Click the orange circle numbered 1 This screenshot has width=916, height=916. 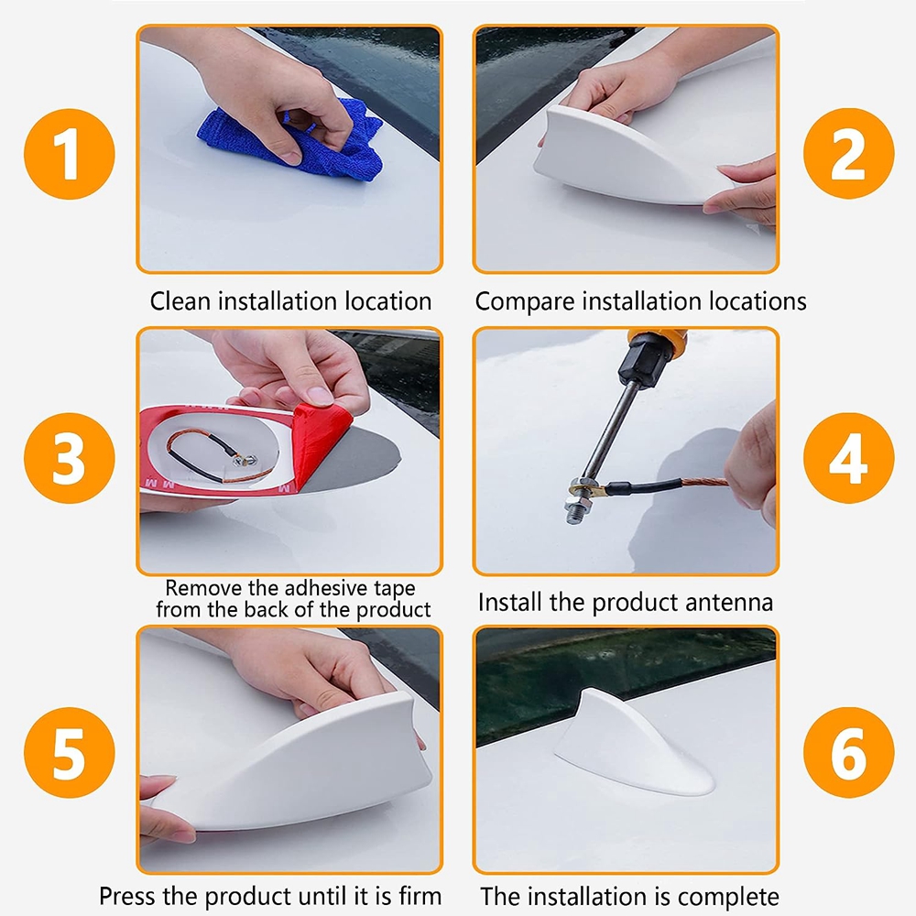70,154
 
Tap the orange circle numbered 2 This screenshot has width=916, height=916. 848,154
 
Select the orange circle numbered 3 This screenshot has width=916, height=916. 70,457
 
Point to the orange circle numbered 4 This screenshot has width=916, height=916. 848,457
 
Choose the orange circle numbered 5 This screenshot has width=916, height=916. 70,752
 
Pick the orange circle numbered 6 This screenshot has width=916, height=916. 848,752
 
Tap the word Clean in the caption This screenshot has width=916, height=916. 180,301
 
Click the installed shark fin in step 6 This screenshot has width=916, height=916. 634,745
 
